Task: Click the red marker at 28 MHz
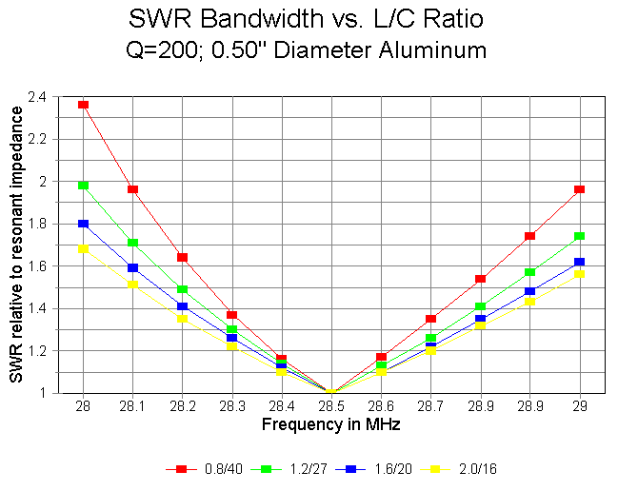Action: (84, 105)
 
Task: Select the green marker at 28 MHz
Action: (84, 186)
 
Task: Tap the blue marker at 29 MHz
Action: (580, 262)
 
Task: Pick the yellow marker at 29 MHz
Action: (580, 273)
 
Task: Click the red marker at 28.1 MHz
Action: (133, 189)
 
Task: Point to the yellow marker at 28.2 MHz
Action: (183, 319)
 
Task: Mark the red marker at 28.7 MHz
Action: (431, 319)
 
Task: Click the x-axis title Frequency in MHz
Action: (330, 422)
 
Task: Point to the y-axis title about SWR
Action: (17, 245)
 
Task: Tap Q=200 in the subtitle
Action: (160, 50)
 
